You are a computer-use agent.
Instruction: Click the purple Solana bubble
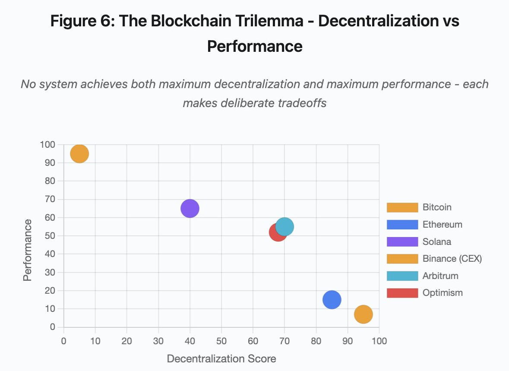click(190, 209)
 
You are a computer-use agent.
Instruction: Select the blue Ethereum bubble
click(332, 299)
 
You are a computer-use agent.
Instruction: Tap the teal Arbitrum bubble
click(285, 226)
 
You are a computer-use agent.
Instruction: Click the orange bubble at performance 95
click(79, 154)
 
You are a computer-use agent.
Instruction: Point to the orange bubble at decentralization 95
click(363, 314)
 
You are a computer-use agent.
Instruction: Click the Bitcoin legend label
click(437, 207)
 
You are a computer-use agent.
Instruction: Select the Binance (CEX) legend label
click(452, 259)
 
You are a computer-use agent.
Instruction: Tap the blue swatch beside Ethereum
click(402, 225)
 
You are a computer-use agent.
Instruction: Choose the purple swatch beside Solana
click(402, 242)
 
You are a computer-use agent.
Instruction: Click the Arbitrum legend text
click(440, 276)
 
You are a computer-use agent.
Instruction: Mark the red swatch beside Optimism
click(402, 293)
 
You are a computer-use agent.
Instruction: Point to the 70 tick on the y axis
click(50, 200)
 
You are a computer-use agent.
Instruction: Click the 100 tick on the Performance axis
click(48, 145)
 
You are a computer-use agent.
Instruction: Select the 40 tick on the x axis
click(190, 341)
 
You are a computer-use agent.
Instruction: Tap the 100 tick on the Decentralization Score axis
click(379, 341)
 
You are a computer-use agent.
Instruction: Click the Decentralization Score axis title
click(221, 359)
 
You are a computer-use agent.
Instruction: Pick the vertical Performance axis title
click(28, 250)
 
